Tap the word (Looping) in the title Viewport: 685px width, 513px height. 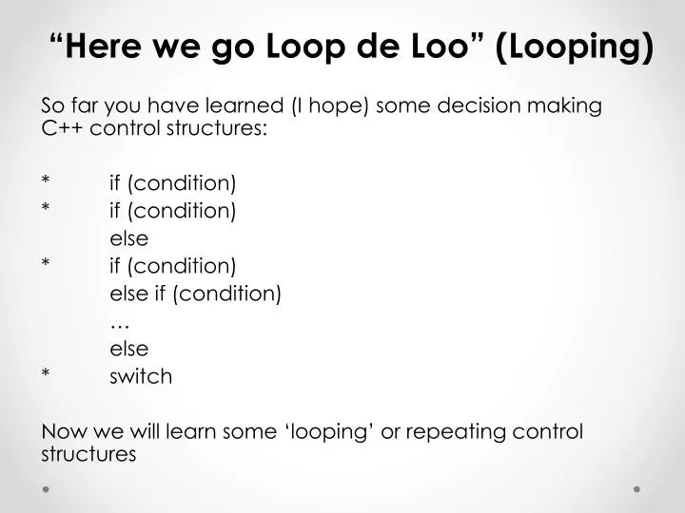click(575, 47)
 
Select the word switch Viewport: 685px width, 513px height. click(141, 377)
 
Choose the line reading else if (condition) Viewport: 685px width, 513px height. click(196, 294)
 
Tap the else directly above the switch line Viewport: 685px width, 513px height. click(129, 349)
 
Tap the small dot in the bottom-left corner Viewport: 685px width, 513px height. click(46, 488)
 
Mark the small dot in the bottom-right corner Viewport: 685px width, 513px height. click(636, 488)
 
